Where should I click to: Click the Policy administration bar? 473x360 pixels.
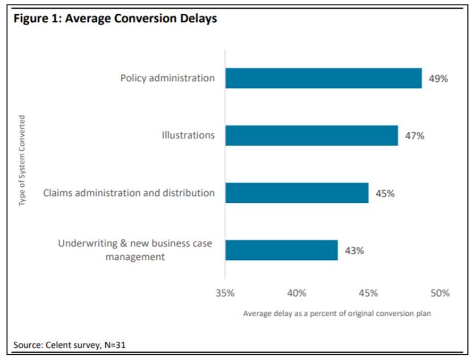323,78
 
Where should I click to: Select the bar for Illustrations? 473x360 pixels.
311,135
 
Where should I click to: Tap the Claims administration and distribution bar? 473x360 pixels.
296,193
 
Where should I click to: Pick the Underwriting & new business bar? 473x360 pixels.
281,250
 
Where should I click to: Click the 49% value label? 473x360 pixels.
438,79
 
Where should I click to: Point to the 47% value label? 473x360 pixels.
414,136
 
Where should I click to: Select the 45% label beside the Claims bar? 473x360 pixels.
385,193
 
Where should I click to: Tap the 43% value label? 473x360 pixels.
354,250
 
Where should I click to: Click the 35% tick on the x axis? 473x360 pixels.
225,293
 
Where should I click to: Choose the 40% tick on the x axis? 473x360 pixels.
296,293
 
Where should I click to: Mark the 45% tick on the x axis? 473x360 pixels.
368,293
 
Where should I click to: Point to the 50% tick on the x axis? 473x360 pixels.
440,293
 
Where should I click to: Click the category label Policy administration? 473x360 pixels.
168,78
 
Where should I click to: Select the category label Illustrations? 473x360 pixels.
188,135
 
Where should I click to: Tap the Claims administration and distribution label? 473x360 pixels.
129,193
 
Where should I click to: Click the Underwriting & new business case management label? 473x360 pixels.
136,250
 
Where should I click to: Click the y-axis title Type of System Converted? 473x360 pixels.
22,161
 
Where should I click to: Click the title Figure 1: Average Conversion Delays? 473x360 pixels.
115,18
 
